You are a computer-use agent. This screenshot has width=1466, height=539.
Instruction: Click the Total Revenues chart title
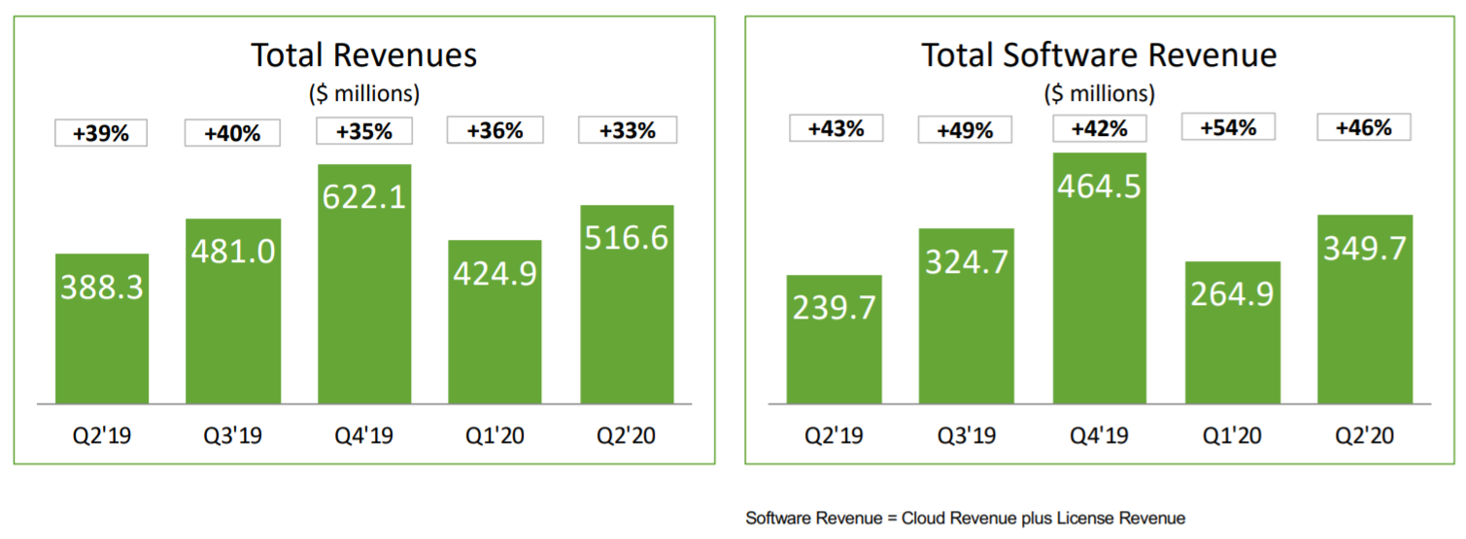(364, 54)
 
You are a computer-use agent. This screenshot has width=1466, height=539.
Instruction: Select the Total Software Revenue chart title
(1099, 54)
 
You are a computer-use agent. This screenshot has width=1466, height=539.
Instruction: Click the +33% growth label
(627, 130)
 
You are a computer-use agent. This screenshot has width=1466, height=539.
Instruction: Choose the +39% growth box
(100, 132)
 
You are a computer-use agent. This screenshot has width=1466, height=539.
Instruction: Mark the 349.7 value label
(1365, 248)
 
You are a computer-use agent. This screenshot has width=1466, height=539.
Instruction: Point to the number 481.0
(233, 252)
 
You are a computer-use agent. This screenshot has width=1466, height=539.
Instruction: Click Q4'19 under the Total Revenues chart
(364, 436)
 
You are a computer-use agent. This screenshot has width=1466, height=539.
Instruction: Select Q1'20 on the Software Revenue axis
(1231, 436)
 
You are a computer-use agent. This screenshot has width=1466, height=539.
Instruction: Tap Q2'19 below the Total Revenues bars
(102, 436)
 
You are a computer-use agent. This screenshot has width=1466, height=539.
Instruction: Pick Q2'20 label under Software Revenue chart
(1365, 436)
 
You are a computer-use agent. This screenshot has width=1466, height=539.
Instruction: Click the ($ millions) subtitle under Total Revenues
(364, 94)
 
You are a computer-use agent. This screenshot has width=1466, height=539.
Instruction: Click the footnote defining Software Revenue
(965, 518)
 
